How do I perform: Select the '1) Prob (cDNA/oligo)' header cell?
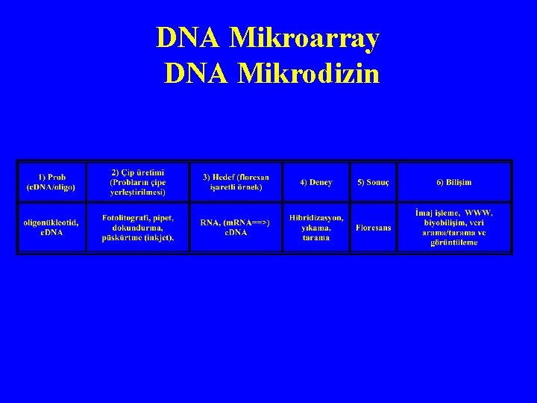pos(51,182)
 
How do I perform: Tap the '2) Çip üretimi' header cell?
pos(138,182)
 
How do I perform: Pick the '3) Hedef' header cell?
pos(236,182)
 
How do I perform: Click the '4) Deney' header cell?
pos(316,182)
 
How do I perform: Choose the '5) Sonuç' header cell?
pos(373,182)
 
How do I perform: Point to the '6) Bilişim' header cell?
pos(453,182)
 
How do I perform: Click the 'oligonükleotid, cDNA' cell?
pos(51,228)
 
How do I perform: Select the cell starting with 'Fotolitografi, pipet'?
pos(138,228)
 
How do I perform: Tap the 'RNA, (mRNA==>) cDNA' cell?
pos(236,228)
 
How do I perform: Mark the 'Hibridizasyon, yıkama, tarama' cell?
pos(316,228)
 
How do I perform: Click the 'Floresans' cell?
pos(373,228)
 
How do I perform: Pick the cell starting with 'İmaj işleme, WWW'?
pos(453,228)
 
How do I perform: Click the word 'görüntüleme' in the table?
pos(453,243)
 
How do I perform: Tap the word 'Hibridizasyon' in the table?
pos(316,217)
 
